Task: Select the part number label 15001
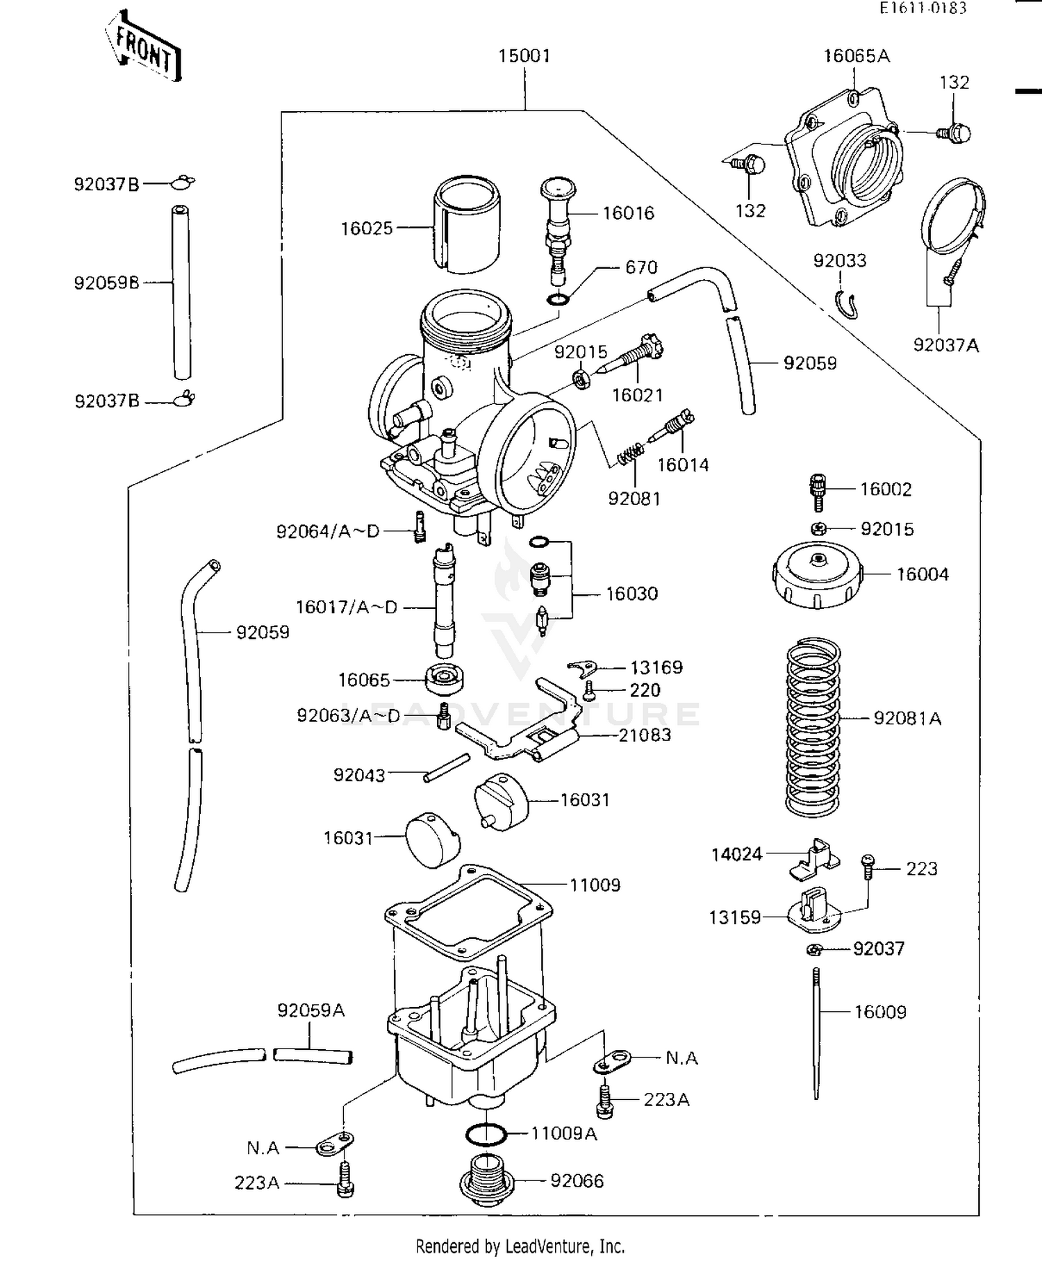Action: point(524,56)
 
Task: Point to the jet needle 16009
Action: point(817,1035)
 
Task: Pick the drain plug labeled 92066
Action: point(488,1181)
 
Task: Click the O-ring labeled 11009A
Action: point(486,1134)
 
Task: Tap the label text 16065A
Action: point(856,56)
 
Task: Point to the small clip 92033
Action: point(847,303)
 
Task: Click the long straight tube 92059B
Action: point(181,292)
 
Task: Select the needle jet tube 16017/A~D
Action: point(444,601)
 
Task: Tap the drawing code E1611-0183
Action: point(923,8)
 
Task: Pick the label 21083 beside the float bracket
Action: point(645,735)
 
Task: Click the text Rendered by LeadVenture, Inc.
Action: point(520,1246)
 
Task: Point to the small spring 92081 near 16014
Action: point(630,455)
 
